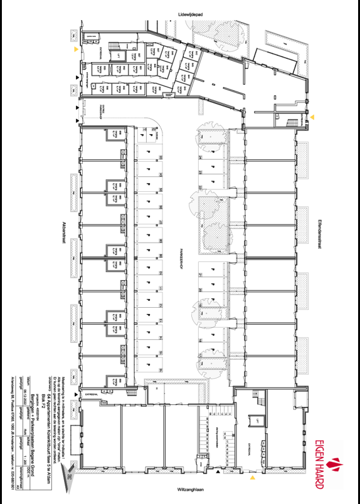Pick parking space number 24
pyautogui.click(x=200, y=157)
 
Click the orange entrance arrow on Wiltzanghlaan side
pyautogui.click(x=253, y=478)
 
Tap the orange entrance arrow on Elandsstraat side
pyautogui.click(x=312, y=117)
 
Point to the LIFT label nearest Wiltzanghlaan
pyautogui.click(x=256, y=421)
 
